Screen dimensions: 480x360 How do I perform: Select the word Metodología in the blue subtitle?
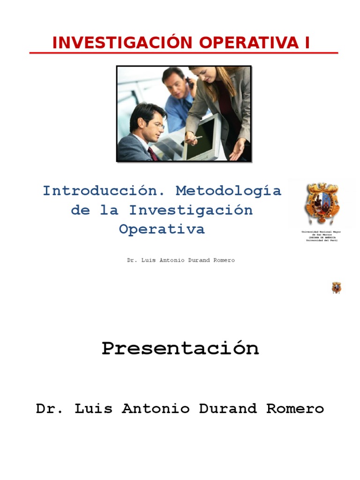[x=228, y=191]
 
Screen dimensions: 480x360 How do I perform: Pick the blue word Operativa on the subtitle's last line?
[x=162, y=229]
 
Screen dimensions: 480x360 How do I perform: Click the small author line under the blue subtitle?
[x=181, y=260]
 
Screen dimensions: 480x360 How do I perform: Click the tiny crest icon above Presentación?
[x=337, y=287]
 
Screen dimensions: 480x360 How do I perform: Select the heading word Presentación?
[x=180, y=348]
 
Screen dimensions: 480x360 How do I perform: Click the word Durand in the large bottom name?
[x=228, y=409]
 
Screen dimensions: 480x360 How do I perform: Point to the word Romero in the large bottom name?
[x=295, y=409]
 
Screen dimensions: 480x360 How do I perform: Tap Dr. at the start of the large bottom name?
[x=50, y=409]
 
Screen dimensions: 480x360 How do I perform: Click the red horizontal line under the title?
[x=184, y=53]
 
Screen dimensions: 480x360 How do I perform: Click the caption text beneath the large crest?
[x=321, y=236]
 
